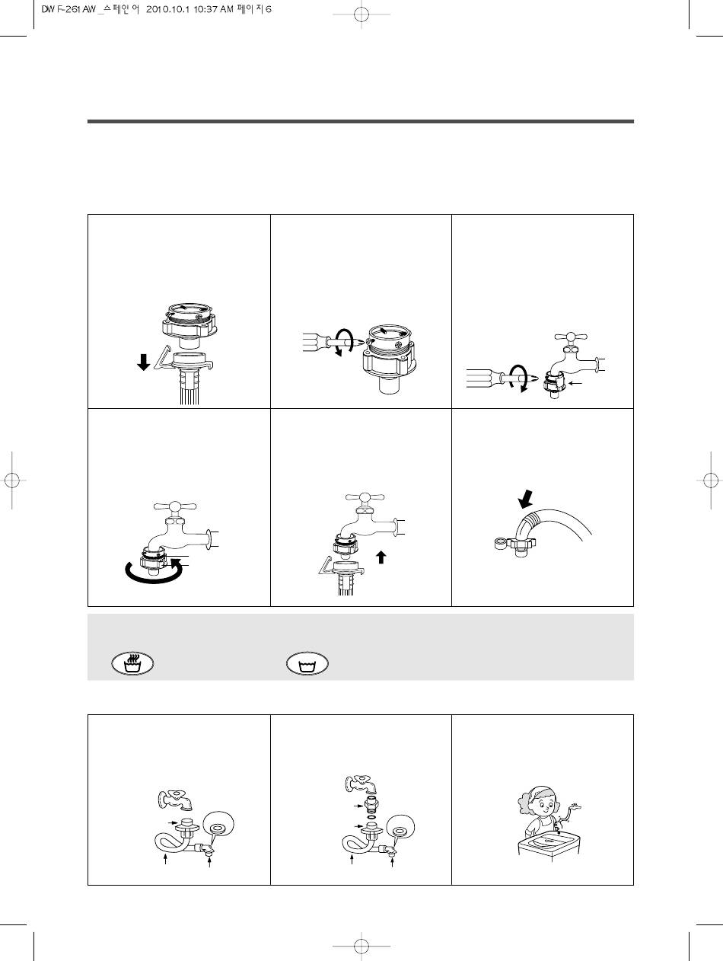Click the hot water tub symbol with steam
[132, 663]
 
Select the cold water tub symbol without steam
[307, 664]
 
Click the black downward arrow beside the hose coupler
[144, 362]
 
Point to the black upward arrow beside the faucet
[381, 557]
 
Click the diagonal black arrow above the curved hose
[526, 499]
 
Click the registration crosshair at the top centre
[361, 14]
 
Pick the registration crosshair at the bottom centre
[361, 946]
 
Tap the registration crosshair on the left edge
[12, 480]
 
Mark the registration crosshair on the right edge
[711, 480]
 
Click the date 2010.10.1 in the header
[167, 9]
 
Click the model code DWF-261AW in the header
[68, 9]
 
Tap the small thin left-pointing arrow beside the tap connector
[575, 384]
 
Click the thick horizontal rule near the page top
[361, 121]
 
